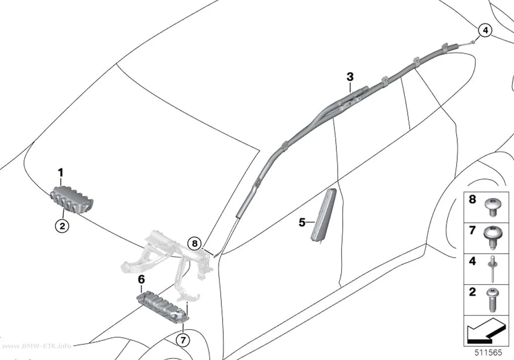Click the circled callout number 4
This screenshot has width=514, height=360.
[x=485, y=30]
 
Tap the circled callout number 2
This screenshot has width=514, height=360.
[x=62, y=226]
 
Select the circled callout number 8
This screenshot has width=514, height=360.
[x=195, y=243]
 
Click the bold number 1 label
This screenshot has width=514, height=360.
[x=61, y=172]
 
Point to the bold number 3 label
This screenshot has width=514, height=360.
[x=350, y=77]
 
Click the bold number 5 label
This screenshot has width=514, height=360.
[x=302, y=222]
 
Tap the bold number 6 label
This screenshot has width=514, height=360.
[x=141, y=280]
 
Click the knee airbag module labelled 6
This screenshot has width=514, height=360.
[x=164, y=306]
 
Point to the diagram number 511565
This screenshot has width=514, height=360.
[x=488, y=353]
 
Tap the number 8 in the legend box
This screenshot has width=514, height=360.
[x=472, y=199]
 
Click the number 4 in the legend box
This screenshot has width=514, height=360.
[x=472, y=262]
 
